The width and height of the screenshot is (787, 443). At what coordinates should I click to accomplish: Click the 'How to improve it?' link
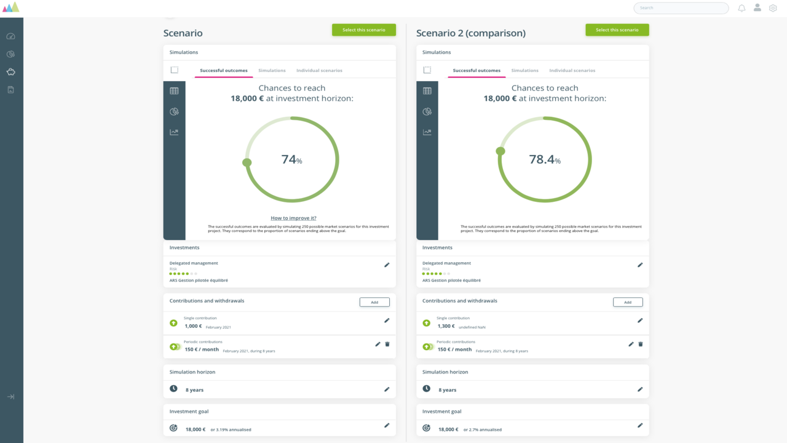(x=293, y=218)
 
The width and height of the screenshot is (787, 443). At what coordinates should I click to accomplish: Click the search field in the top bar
(x=681, y=8)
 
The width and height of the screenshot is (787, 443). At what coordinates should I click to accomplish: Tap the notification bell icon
(x=742, y=8)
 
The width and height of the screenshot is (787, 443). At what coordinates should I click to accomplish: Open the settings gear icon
(x=773, y=8)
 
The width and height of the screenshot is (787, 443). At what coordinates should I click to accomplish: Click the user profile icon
(x=757, y=7)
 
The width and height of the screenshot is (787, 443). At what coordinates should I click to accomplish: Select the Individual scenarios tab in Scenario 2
(x=572, y=70)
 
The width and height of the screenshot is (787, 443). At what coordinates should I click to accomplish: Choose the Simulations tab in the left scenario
(x=272, y=70)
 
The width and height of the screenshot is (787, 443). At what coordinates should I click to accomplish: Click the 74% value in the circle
(x=291, y=159)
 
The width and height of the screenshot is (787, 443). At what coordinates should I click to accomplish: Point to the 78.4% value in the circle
(x=545, y=159)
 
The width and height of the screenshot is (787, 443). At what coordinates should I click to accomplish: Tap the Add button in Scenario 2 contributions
(x=628, y=302)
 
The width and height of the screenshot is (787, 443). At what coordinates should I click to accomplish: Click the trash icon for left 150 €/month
(x=387, y=344)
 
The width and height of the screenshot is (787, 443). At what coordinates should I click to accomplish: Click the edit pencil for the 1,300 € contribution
(x=640, y=321)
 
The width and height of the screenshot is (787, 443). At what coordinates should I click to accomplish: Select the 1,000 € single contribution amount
(x=193, y=326)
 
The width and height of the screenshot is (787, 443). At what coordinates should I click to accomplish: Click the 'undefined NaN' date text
(x=472, y=327)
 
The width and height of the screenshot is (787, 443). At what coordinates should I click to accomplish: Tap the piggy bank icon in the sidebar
(x=11, y=72)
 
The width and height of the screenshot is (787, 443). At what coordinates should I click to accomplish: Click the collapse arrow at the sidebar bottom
(x=11, y=397)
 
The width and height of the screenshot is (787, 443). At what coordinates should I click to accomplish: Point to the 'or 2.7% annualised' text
(x=483, y=429)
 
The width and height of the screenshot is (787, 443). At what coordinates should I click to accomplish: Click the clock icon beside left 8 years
(x=173, y=388)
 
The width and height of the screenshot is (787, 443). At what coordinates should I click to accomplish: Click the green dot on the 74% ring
(x=247, y=162)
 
